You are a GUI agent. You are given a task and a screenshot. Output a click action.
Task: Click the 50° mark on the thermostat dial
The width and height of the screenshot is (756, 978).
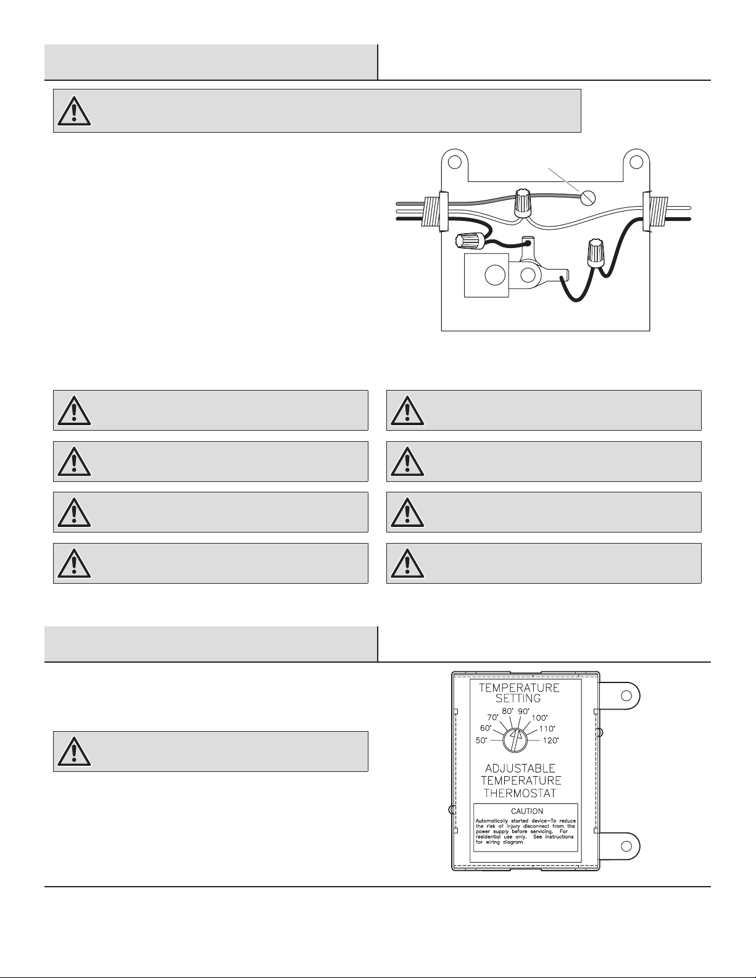click(x=481, y=740)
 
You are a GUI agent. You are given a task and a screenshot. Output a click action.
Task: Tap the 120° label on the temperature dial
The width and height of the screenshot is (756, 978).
click(x=550, y=740)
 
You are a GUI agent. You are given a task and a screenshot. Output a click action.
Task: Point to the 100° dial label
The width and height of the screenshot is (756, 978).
click(x=539, y=718)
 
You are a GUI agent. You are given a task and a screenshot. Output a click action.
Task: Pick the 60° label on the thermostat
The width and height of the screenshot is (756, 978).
click(x=486, y=728)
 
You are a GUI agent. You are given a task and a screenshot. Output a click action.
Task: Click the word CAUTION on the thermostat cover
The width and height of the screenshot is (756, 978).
click(x=526, y=811)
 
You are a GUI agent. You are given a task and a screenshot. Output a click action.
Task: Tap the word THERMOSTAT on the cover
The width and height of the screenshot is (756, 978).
click(x=520, y=794)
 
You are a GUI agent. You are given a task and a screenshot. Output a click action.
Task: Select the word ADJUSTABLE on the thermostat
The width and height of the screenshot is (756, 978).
click(x=520, y=768)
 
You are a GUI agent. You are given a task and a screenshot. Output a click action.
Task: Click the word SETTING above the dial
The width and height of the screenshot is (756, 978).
click(x=518, y=698)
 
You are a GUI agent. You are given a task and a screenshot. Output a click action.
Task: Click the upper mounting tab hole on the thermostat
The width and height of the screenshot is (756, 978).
click(x=626, y=695)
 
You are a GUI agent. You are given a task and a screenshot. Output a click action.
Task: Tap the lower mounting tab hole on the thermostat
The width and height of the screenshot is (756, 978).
click(x=626, y=845)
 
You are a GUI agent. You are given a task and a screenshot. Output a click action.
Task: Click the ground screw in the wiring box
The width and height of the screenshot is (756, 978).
click(x=589, y=197)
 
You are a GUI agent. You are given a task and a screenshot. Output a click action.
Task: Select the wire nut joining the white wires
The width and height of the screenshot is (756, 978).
click(x=523, y=202)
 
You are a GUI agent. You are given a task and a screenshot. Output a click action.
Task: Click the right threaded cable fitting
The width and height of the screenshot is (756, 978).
click(x=655, y=210)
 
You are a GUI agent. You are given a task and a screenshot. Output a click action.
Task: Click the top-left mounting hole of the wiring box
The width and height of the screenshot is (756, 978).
click(x=454, y=162)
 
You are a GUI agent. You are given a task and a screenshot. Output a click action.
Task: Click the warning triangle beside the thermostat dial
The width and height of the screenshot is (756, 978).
click(x=74, y=751)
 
